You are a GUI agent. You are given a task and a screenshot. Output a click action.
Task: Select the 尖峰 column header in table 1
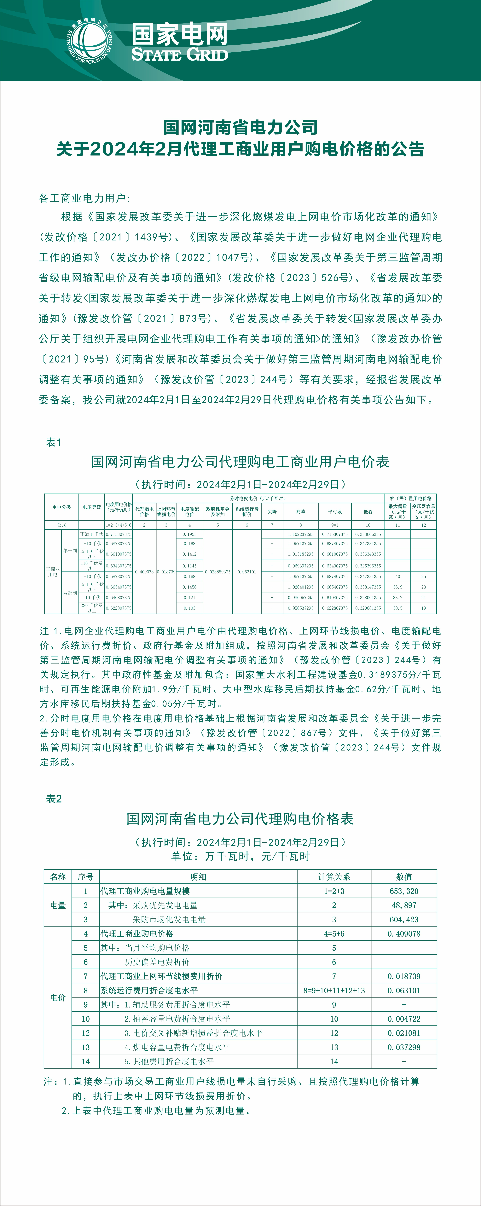(272, 512)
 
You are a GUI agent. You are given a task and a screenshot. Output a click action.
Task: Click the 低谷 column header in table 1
(368, 512)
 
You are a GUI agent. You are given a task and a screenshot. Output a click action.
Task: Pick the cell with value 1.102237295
(301, 534)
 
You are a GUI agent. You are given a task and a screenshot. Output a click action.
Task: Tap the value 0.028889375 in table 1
(218, 572)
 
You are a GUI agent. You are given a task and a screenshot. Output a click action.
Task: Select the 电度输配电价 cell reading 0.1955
(190, 534)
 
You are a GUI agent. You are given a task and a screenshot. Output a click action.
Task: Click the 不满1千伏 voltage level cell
(92, 534)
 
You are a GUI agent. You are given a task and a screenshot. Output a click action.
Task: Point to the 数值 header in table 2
(404, 877)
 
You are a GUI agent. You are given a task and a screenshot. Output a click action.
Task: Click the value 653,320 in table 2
(404, 891)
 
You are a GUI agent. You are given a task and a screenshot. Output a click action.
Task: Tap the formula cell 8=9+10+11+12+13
(334, 990)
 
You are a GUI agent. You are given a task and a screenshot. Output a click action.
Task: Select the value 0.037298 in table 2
(404, 1047)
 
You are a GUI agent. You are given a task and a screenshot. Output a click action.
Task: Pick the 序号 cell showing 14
(86, 1061)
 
